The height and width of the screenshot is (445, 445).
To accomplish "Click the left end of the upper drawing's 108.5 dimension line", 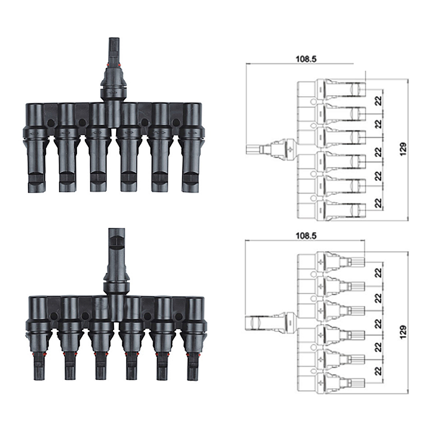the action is point(246,64).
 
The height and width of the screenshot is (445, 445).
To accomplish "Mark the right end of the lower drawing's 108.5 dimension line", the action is point(365,241).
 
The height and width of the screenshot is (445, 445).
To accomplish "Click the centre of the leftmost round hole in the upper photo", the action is point(51,123).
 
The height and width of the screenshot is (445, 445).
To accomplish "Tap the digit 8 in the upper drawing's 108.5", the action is point(306,59).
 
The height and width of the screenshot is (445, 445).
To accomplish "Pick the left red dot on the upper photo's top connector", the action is point(108,65).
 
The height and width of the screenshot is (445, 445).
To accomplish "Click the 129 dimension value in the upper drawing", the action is point(403,149).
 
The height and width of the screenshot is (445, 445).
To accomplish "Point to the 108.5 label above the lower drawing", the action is point(306,236).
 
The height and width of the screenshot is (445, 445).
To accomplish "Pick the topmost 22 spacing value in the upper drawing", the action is point(378,101).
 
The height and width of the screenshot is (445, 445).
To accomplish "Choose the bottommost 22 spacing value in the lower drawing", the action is point(378,371).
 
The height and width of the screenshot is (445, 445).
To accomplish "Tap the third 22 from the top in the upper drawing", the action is point(378,152).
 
